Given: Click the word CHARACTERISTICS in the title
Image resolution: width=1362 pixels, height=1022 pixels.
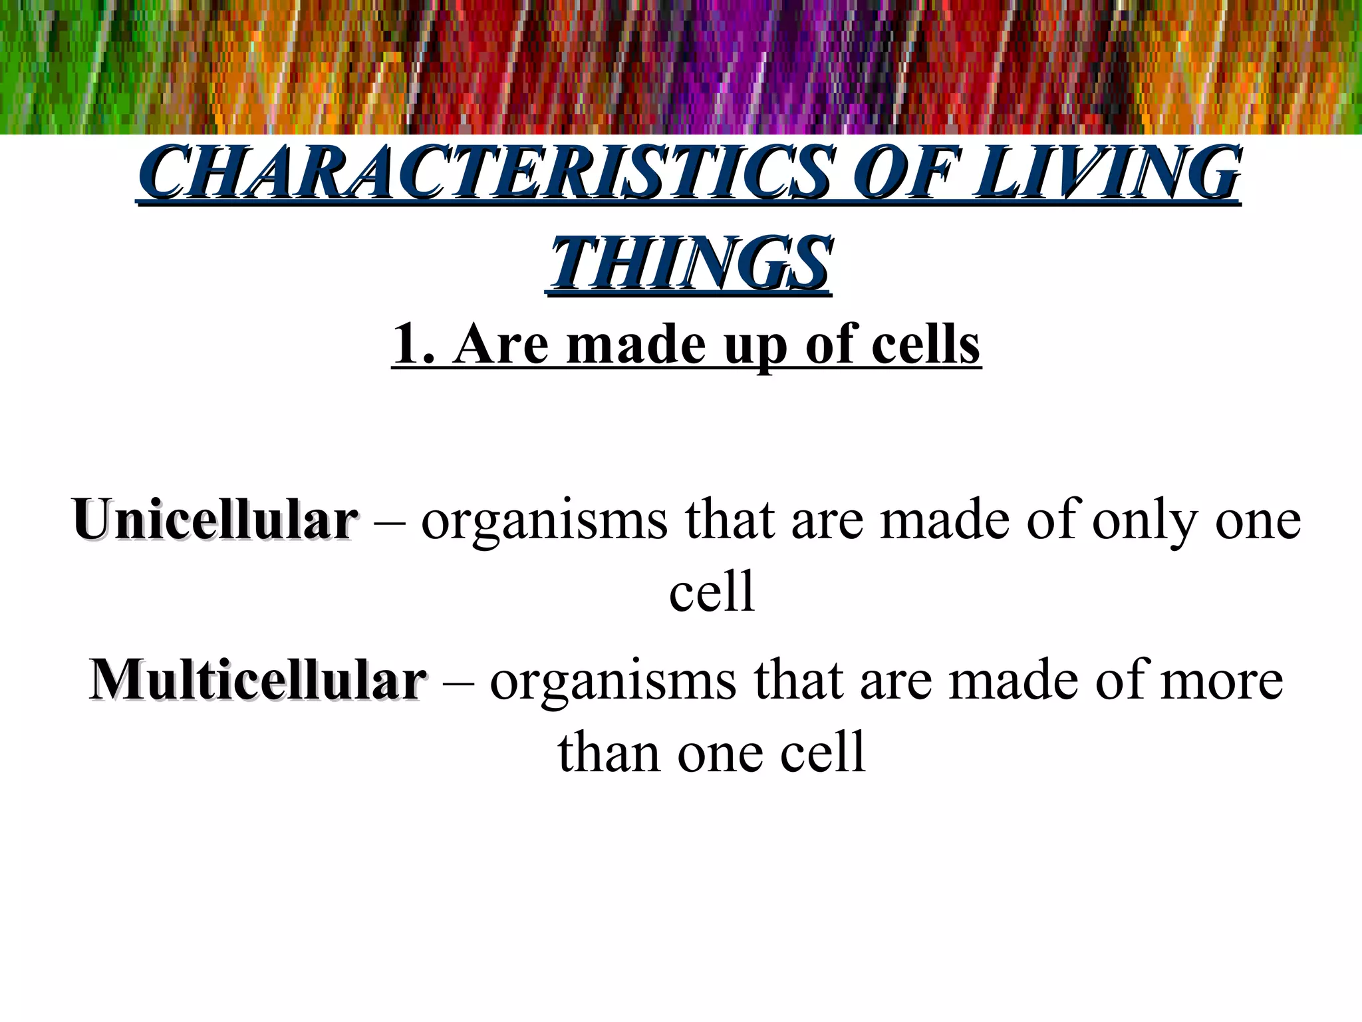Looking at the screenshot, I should point(488,172).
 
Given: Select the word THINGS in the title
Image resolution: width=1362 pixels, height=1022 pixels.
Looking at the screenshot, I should point(689,264).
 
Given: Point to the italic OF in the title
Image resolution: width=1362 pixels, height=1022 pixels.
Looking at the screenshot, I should point(906,172).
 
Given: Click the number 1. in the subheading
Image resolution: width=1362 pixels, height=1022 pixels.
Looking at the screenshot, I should point(414,344).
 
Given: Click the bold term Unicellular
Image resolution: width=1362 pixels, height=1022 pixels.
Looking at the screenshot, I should point(214,520).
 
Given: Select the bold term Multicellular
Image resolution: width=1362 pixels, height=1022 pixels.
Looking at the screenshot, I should point(257,681).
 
